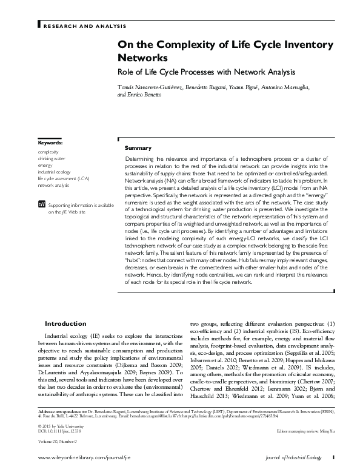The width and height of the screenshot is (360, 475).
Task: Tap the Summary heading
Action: click(138, 149)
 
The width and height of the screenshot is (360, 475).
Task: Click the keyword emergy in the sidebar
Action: click(45, 165)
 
